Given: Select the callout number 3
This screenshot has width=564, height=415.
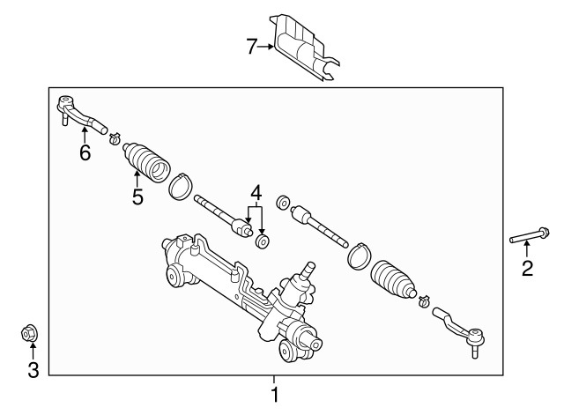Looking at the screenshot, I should [x=33, y=370].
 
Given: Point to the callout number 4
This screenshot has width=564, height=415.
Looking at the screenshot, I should [x=256, y=191].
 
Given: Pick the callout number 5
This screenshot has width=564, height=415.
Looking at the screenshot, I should [x=137, y=196].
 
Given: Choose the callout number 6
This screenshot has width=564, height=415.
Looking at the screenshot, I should [x=85, y=153].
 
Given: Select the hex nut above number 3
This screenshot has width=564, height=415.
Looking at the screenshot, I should [x=28, y=334].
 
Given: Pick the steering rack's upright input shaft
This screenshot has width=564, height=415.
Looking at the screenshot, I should [x=309, y=269].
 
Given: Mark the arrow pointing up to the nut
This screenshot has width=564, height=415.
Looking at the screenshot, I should [x=32, y=352].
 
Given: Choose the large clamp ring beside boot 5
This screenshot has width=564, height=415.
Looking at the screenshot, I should [x=181, y=185].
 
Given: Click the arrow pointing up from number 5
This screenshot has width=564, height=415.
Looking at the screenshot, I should [x=137, y=179].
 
